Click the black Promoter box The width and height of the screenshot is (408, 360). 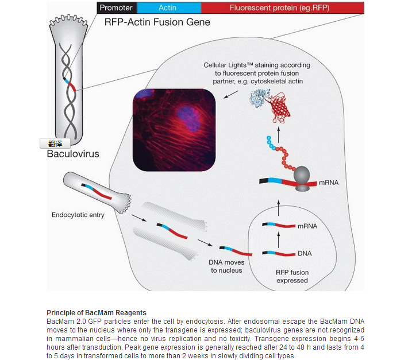coord(117,8)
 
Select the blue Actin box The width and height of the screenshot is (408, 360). coord(167,8)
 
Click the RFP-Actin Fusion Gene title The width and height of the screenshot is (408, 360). coord(157,23)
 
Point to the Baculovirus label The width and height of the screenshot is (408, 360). coord(73,154)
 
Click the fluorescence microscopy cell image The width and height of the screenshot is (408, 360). coord(174,130)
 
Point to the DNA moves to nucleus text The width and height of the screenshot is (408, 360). coord(226,266)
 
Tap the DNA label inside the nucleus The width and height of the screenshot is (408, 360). coord(305,253)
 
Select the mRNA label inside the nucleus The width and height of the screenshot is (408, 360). coord(307,226)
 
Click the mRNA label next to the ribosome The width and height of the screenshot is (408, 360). coord(329,183)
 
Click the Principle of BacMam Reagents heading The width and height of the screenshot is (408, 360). coord(92,312)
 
